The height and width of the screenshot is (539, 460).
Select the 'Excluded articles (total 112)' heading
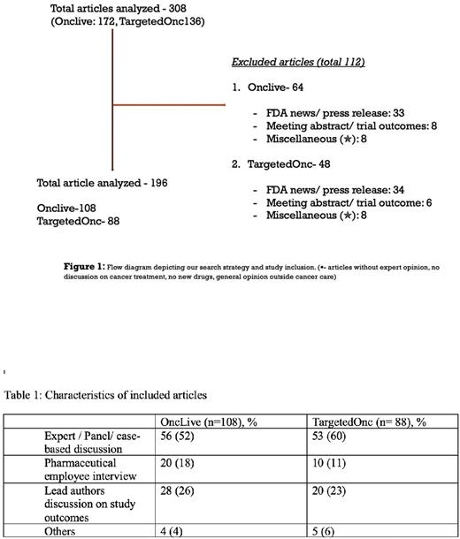tap(299, 63)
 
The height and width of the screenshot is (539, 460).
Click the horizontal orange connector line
tap(168, 103)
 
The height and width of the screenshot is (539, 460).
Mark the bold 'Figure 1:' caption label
tap(93, 264)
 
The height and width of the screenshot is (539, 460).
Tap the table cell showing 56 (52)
tap(178, 436)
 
